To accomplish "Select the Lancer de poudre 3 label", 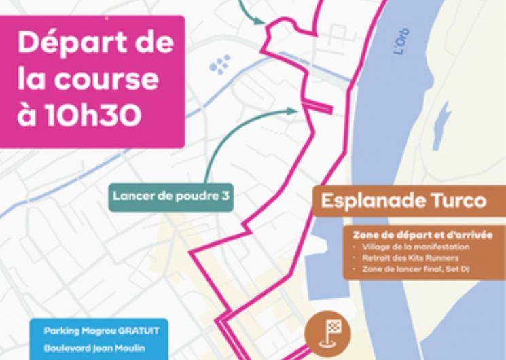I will [170, 196].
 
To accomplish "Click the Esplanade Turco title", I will [403, 201].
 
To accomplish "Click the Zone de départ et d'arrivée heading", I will [422, 235].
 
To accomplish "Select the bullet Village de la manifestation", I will [416, 247].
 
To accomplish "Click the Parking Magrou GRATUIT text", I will [101, 331].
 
